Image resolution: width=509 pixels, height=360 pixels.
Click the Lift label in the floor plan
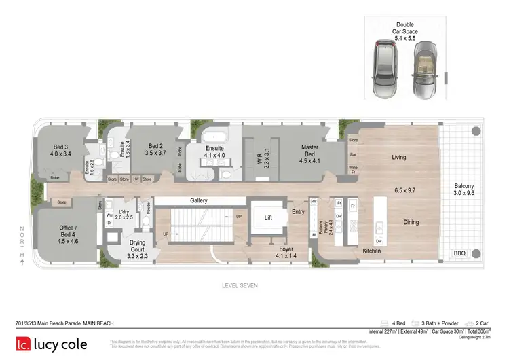pyautogui.click(x=269, y=218)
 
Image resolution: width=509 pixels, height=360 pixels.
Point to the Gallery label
pyautogui.click(x=199, y=201)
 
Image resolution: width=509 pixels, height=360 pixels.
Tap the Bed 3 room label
pyautogui.click(x=60, y=150)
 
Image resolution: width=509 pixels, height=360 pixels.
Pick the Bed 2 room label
pyautogui.click(x=155, y=150)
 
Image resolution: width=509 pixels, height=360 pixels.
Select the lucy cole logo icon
pyautogui.click(x=25, y=344)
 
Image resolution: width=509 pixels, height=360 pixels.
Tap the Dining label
pyautogui.click(x=411, y=222)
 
